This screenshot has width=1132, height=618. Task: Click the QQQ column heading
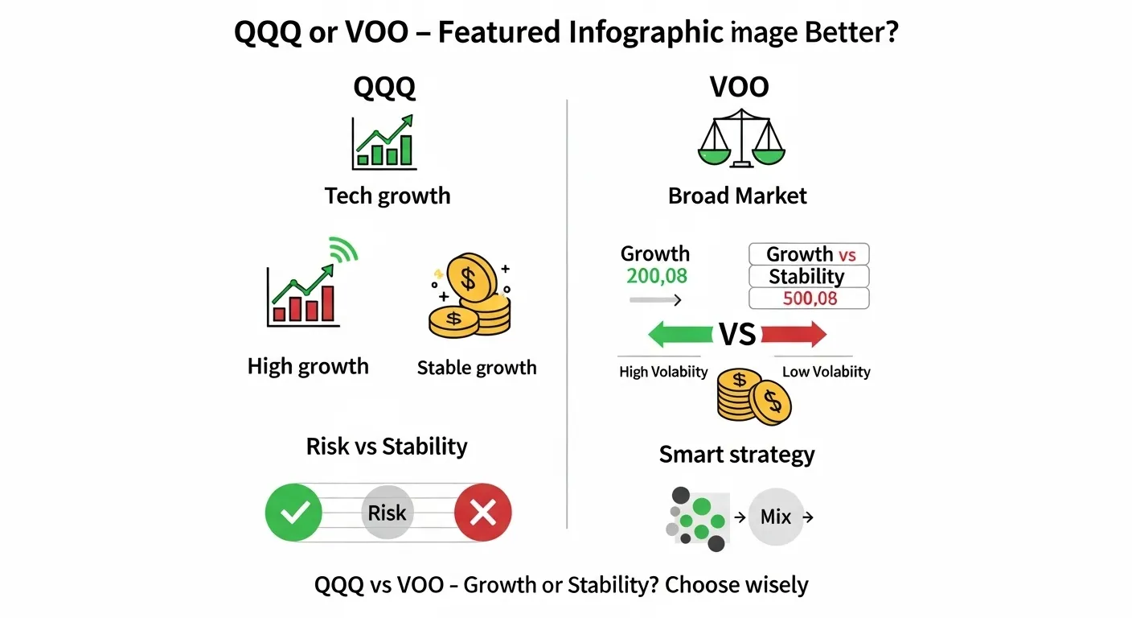pyautogui.click(x=384, y=88)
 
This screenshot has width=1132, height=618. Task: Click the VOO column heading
pyautogui.click(x=738, y=88)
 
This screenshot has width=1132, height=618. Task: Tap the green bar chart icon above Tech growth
pyautogui.click(x=384, y=142)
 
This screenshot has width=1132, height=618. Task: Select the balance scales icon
pyautogui.click(x=740, y=142)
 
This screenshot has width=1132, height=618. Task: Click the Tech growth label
pyautogui.click(x=388, y=196)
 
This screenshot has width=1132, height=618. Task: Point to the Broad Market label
pyautogui.click(x=737, y=196)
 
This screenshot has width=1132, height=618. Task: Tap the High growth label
pyautogui.click(x=308, y=366)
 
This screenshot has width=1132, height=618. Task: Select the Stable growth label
pyautogui.click(x=477, y=368)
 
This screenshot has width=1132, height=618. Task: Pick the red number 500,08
pyautogui.click(x=810, y=299)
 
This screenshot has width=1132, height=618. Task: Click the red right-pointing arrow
pyautogui.click(x=794, y=334)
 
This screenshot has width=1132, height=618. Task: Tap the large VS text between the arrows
pyautogui.click(x=737, y=334)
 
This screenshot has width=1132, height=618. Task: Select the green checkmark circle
pyautogui.click(x=293, y=513)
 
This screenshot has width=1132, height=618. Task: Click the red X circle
pyautogui.click(x=482, y=513)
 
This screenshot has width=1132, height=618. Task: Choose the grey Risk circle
pyautogui.click(x=388, y=513)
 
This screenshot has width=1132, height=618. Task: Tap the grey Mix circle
pyautogui.click(x=776, y=517)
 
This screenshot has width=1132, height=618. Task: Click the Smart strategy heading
pyautogui.click(x=736, y=455)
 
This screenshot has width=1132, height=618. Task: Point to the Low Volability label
pyautogui.click(x=826, y=372)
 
